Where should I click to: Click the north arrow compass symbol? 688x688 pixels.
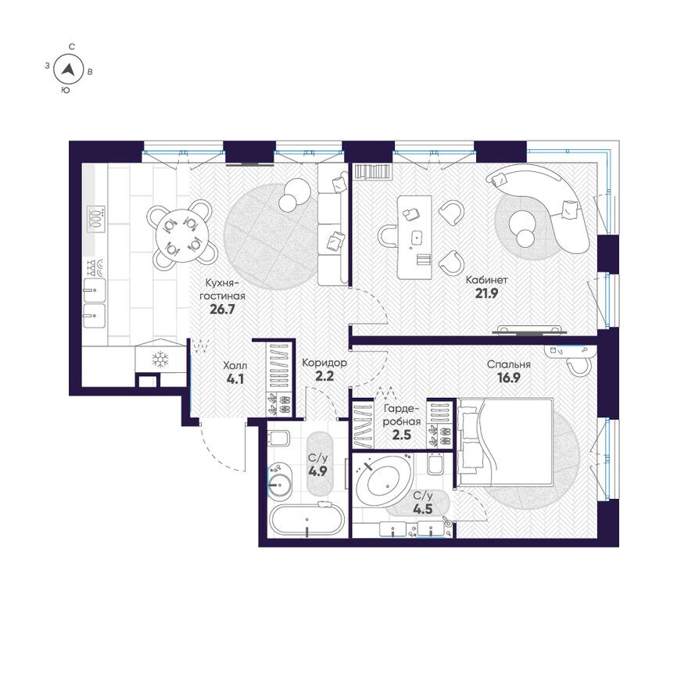[70, 70]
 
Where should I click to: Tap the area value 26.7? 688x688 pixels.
[223, 309]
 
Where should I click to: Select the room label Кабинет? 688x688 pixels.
[487, 279]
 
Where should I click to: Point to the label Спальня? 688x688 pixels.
[509, 364]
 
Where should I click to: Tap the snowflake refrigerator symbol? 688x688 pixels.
[160, 360]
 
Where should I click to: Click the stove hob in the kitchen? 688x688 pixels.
[96, 218]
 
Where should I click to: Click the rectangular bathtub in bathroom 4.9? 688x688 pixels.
[306, 521]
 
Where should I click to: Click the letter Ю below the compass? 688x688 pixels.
[65, 91]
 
